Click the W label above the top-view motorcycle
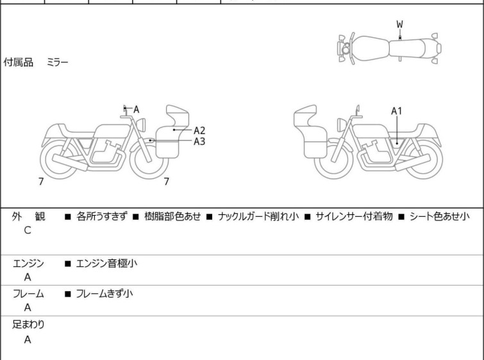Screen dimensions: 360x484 pos(399,24)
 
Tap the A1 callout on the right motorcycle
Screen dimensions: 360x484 pos(397,111)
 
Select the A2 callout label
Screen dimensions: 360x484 pos(199,130)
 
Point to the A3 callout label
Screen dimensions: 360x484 pos(199,141)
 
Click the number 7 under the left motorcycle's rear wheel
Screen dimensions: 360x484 pos(42,182)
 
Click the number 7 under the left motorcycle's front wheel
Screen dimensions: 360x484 pos(166,182)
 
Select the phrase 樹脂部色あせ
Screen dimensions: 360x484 pos(173,217)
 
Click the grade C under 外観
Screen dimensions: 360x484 pos(28,230)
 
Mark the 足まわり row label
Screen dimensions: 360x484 pos(28,325)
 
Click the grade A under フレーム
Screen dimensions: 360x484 pos(28,308)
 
